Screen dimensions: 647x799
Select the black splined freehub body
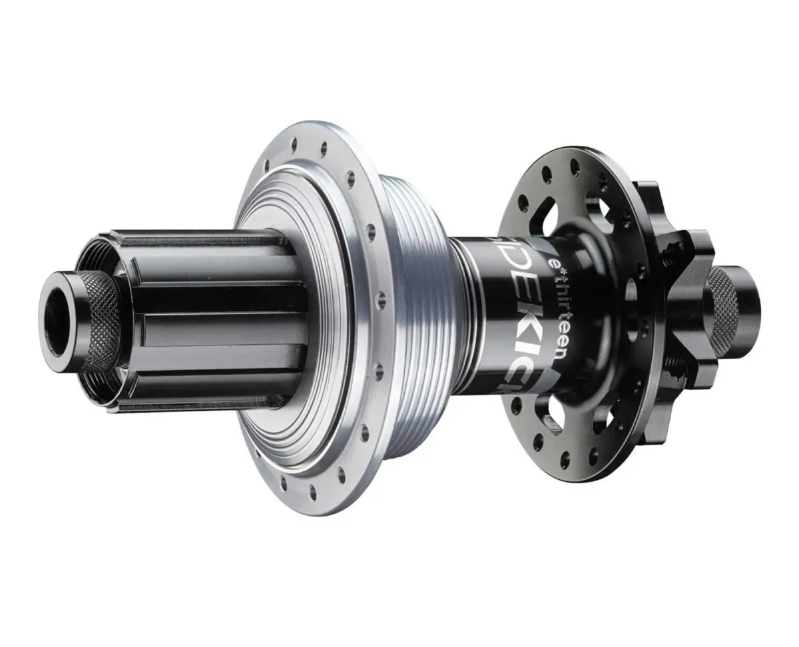(213, 313)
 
